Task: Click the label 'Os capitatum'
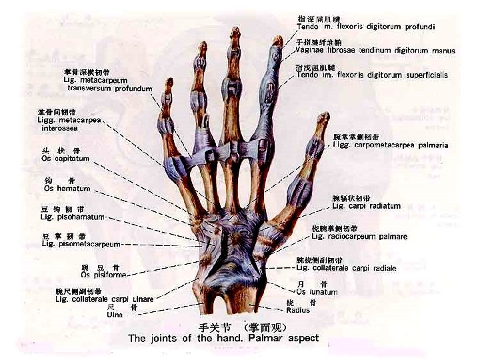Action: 65,159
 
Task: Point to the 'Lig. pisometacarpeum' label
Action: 81,244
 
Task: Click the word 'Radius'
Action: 297,310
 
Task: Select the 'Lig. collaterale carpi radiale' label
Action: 346,268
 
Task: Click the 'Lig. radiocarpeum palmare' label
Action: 359,237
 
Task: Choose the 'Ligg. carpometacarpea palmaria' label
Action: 390,145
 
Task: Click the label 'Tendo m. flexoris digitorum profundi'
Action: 365,27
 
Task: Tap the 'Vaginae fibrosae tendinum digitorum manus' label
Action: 375,51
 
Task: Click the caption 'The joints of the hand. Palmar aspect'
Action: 223,338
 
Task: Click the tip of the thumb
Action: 324,117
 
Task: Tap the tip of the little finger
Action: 169,81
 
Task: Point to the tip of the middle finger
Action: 235,31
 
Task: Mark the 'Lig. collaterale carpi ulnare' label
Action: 104,299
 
